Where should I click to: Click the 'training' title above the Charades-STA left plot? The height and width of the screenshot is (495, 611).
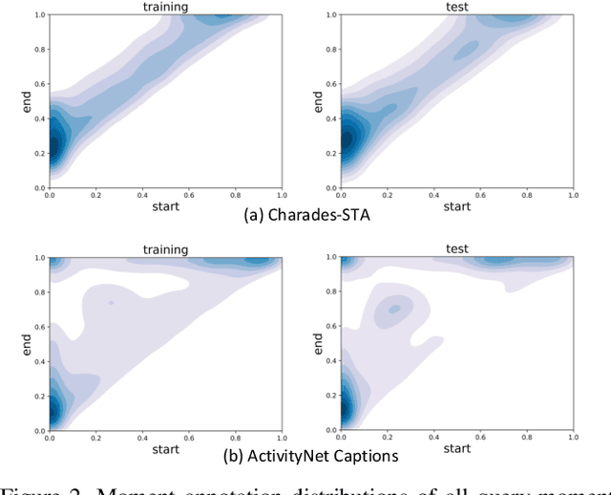coord(165,7)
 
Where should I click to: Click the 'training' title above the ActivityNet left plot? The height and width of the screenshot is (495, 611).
coord(165,249)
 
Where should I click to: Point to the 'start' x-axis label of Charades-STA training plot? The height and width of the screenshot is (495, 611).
coord(165,205)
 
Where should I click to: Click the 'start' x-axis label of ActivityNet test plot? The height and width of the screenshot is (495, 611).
coord(457,448)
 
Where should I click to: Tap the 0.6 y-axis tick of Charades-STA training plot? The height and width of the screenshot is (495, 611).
coord(38,84)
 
